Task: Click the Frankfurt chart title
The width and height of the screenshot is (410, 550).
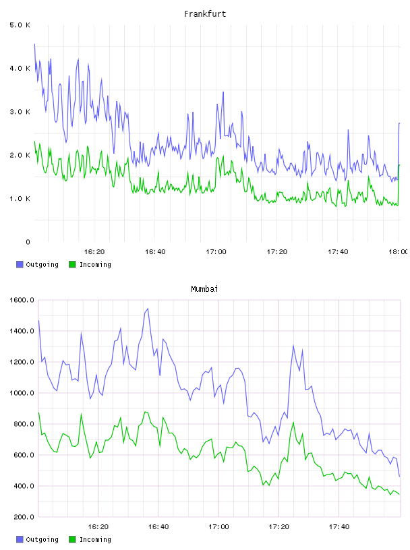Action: [205, 14]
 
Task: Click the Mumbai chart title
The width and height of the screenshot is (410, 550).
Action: [204, 289]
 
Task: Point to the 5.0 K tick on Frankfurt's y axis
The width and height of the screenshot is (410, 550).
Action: [20, 25]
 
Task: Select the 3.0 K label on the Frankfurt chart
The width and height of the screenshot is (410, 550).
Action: [20, 112]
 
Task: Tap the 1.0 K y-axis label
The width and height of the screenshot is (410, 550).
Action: [20, 199]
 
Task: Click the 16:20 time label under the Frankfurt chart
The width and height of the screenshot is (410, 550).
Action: [94, 252]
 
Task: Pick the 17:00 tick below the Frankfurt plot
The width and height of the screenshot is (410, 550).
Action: [216, 252]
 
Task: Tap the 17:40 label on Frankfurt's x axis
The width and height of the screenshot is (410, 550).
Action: [338, 252]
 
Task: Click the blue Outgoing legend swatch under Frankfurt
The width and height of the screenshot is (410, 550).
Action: [20, 264]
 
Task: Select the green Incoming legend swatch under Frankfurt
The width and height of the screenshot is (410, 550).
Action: [72, 264]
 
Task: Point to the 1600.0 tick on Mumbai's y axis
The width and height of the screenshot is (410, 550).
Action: [22, 300]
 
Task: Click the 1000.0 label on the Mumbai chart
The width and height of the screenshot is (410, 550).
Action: [22, 393]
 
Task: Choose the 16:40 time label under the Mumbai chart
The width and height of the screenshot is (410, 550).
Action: [158, 527]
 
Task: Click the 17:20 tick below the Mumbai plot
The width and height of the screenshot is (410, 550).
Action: [279, 527]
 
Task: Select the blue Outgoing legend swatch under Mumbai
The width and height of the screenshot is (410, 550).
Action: [20, 539]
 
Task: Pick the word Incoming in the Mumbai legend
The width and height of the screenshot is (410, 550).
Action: [95, 540]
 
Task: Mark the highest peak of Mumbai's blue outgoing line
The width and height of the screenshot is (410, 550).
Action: [148, 309]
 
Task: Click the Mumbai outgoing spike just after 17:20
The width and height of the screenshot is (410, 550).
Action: [293, 346]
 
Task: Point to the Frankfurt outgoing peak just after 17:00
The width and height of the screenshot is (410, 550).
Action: [223, 92]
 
